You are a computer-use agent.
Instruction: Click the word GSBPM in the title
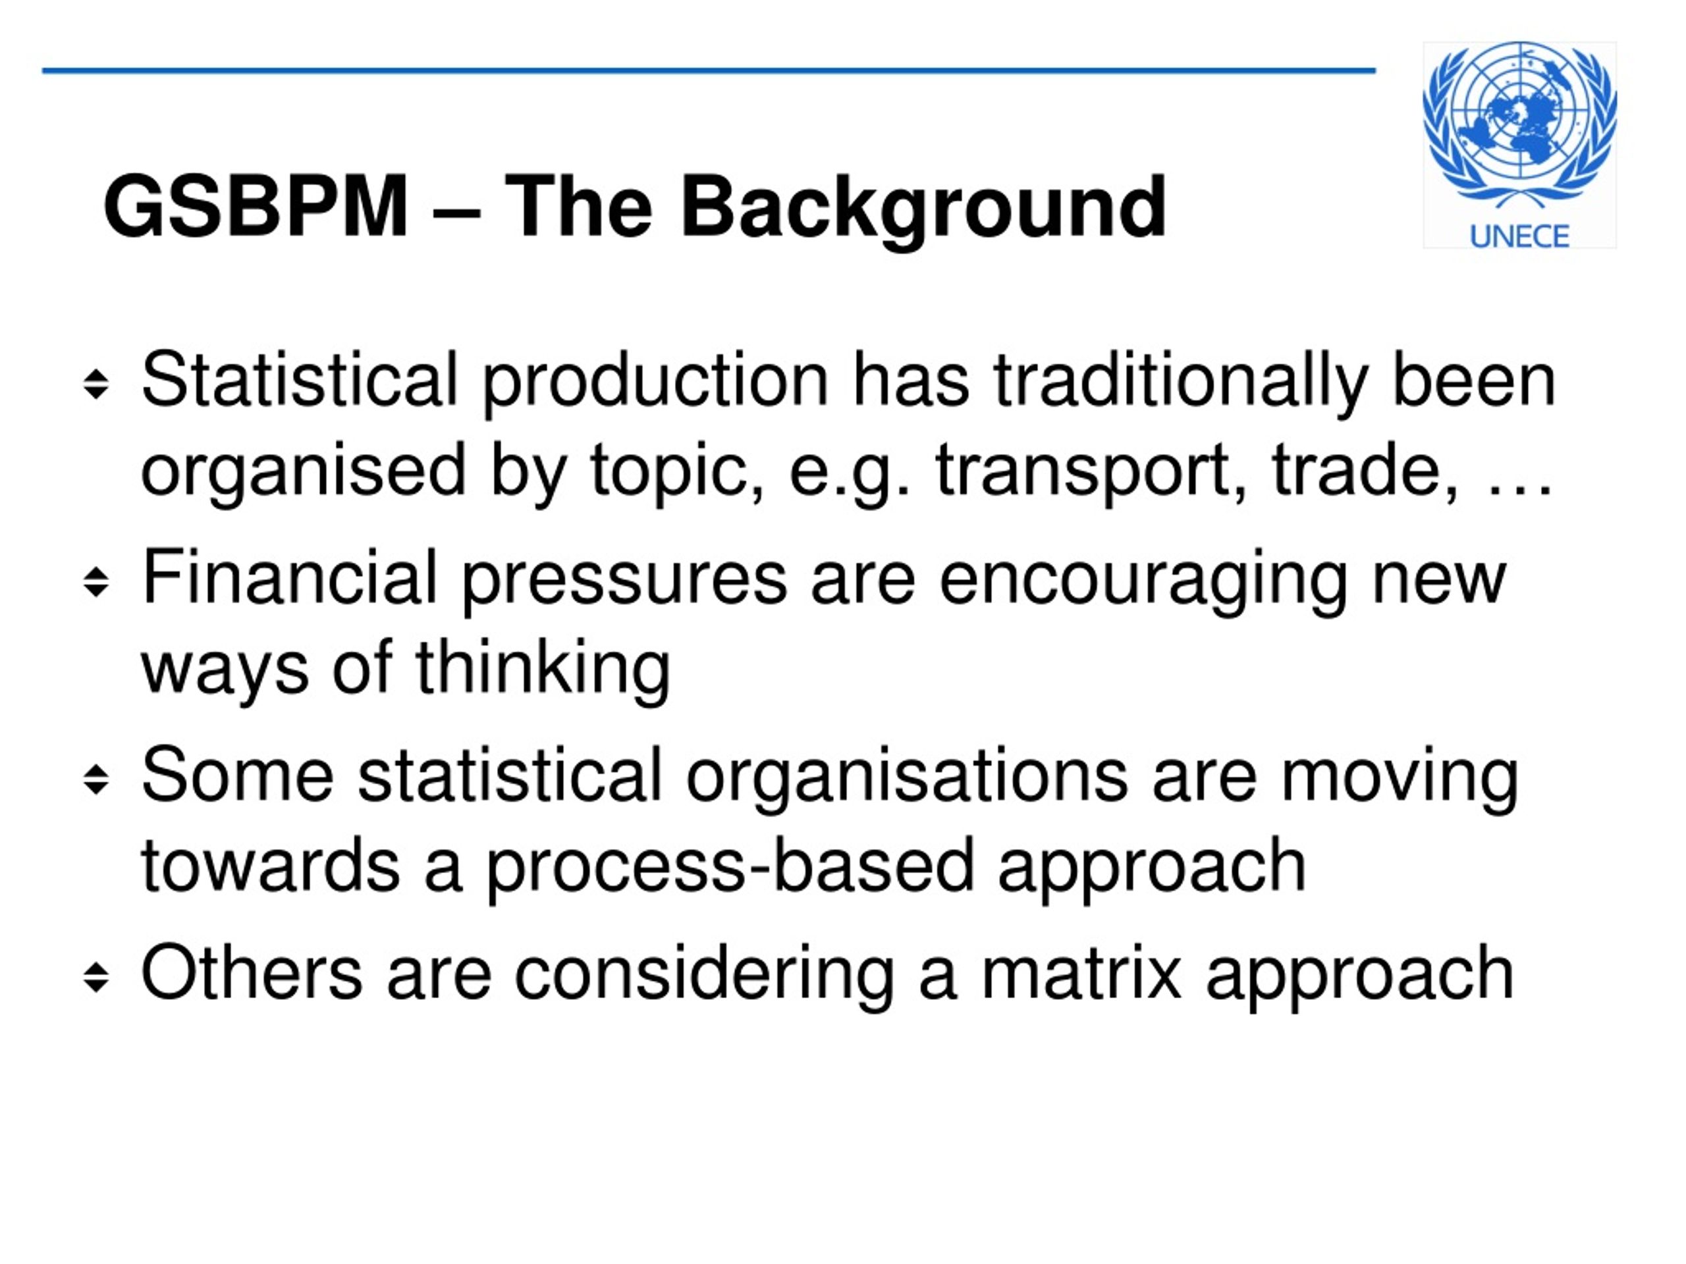click(x=256, y=207)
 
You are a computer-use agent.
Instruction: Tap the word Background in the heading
click(x=923, y=207)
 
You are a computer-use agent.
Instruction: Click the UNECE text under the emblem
click(x=1519, y=237)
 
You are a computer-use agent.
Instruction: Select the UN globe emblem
click(x=1519, y=122)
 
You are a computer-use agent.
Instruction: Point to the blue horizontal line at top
click(x=709, y=71)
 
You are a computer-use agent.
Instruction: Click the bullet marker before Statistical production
click(x=96, y=384)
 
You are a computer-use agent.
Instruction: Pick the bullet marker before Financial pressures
click(x=96, y=582)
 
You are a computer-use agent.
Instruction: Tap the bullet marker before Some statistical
click(x=96, y=779)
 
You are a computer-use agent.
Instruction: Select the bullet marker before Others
click(x=96, y=978)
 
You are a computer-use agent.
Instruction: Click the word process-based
click(x=730, y=868)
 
